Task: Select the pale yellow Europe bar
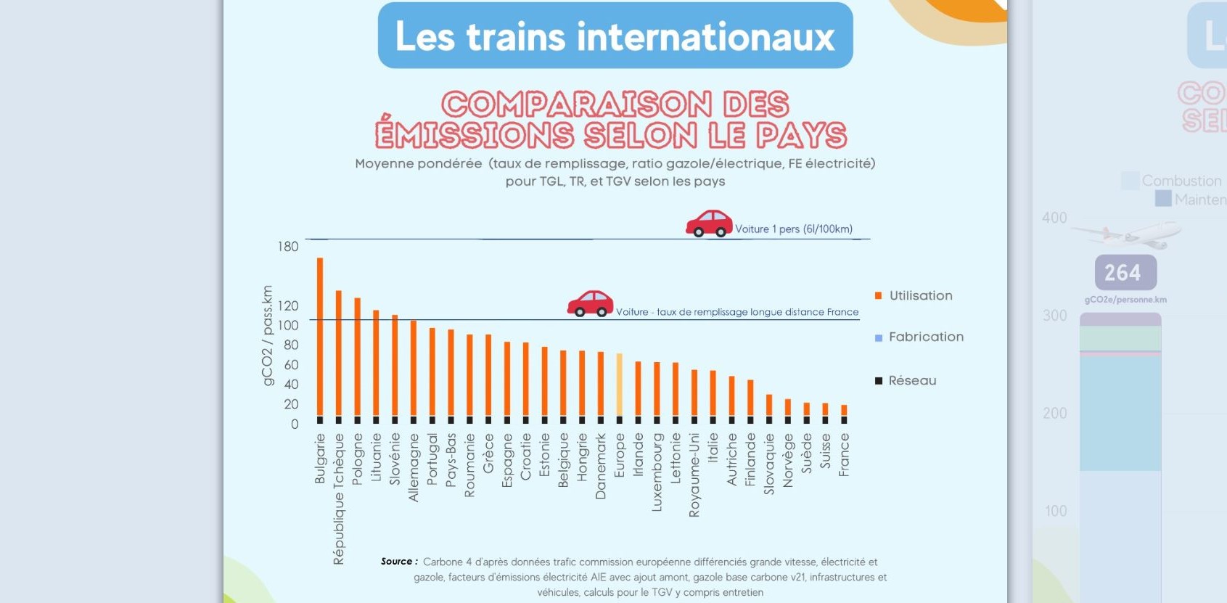[619, 385]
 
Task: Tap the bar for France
[844, 410]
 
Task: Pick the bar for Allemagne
[414, 368]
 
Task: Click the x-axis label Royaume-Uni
[694, 475]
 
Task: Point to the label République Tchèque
[339, 499]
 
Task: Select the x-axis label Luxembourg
[657, 472]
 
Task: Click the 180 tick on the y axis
[288, 247]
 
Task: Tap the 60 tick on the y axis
[291, 365]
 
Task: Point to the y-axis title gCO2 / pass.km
[267, 335]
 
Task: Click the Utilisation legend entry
[920, 296]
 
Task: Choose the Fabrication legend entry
[925, 337]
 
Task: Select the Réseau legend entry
[911, 381]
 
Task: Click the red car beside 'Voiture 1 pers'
[709, 223]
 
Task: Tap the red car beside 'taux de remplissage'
[590, 304]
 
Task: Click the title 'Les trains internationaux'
[615, 36]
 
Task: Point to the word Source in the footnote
[396, 562]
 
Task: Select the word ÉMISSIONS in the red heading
[475, 136]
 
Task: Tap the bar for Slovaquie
[769, 405]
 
